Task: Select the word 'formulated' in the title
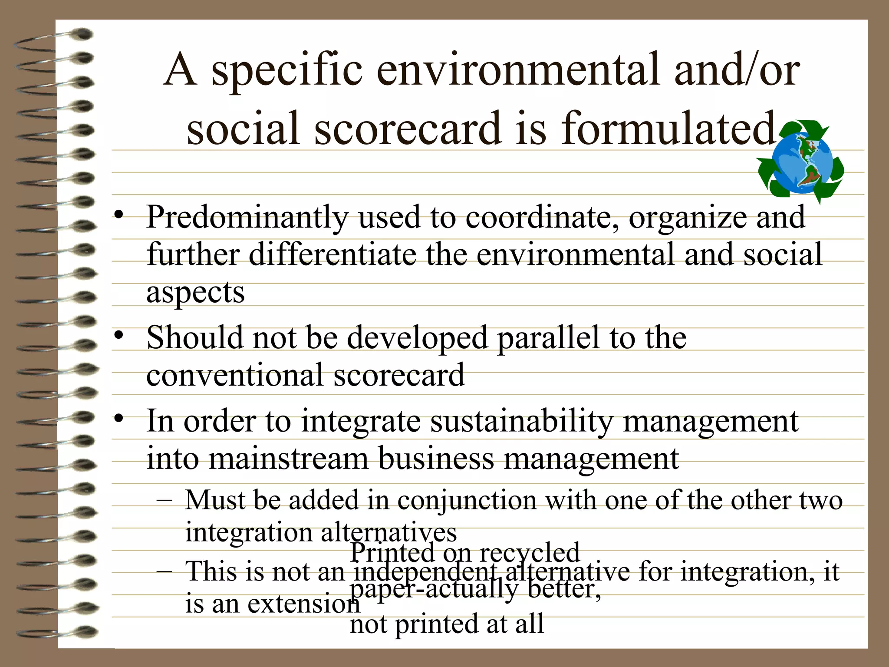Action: [668, 128]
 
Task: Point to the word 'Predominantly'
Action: [247, 218]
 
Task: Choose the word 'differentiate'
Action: [332, 254]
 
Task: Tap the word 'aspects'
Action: [195, 293]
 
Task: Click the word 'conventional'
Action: [235, 375]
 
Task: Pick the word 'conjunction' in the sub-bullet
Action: [467, 500]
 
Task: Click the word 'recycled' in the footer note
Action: [529, 552]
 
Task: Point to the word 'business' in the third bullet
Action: [436, 459]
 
